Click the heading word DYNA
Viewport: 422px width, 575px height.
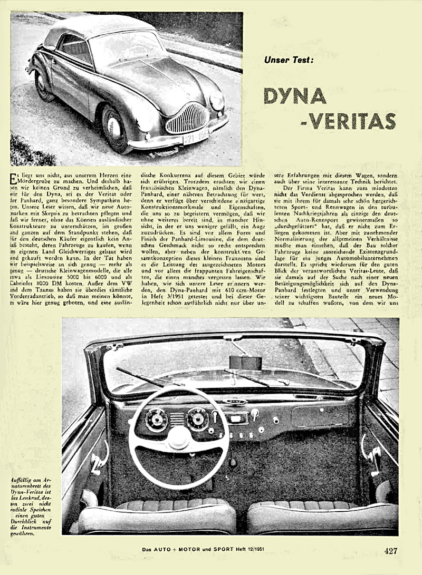[x=295, y=95]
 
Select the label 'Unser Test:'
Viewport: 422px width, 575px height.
[x=289, y=60]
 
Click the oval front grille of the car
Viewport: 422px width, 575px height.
[x=187, y=119]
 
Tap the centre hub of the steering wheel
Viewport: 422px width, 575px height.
[x=178, y=437]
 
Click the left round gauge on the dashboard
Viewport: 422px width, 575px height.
[x=157, y=420]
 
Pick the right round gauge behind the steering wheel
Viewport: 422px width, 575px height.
[x=197, y=419]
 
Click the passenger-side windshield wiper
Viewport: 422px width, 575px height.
[x=253, y=378]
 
